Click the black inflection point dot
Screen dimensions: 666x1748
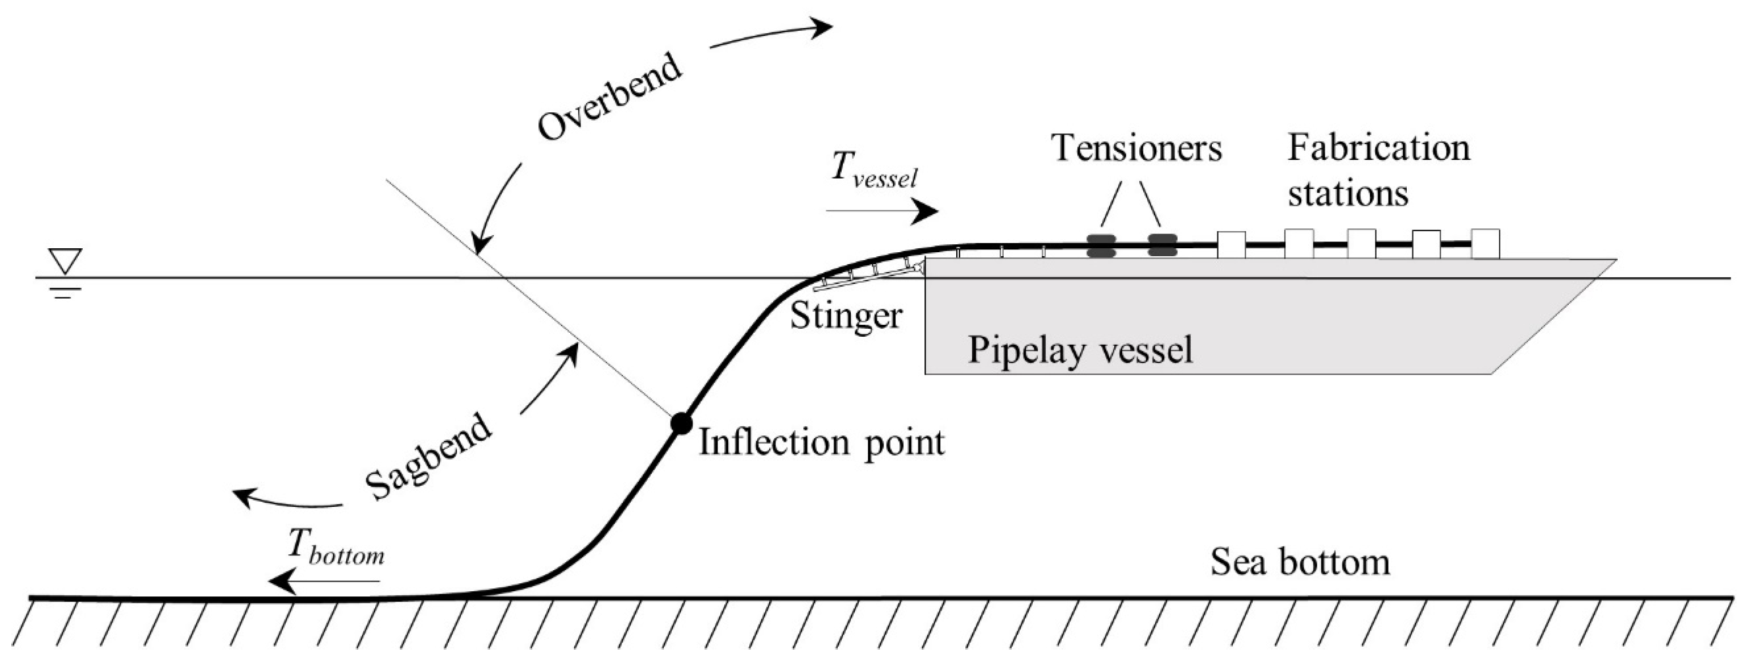click(x=681, y=423)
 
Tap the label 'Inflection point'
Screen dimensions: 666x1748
click(x=821, y=442)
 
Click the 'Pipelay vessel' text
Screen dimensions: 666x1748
click(x=1080, y=350)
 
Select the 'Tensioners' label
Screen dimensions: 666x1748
click(x=1136, y=147)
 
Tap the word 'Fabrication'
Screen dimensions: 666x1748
click(x=1378, y=147)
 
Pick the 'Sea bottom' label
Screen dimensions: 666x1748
click(x=1300, y=562)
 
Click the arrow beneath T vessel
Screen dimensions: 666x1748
click(x=882, y=211)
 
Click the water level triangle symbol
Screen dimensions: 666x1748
click(x=65, y=261)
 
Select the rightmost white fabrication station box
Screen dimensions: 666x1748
click(x=1484, y=244)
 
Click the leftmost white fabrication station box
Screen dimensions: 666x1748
click(x=1231, y=244)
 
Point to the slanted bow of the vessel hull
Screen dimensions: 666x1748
click(x=1554, y=316)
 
